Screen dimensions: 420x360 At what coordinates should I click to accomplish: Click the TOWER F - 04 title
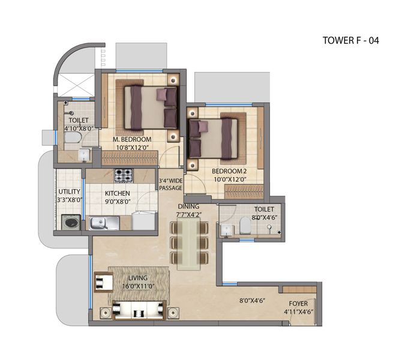pyautogui.click(x=350, y=40)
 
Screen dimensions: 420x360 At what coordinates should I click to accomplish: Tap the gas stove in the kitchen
pyautogui.click(x=124, y=176)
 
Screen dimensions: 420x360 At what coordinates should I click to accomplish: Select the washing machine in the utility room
pyautogui.click(x=71, y=223)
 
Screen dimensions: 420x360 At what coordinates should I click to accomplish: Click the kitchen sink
pyautogui.click(x=104, y=223)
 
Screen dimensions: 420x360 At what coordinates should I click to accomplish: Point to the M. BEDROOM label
pyautogui.click(x=132, y=140)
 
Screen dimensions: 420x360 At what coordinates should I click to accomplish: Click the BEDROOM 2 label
pyautogui.click(x=229, y=171)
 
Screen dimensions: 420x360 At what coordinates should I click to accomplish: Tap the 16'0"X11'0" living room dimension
pyautogui.click(x=138, y=286)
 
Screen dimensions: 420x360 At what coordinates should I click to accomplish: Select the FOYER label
pyautogui.click(x=298, y=304)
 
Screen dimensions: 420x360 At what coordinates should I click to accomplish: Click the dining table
pyautogui.click(x=189, y=244)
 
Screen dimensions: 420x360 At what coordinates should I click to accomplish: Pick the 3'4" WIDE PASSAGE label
pyautogui.click(x=170, y=184)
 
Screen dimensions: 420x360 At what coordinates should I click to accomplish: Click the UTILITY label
pyautogui.click(x=69, y=192)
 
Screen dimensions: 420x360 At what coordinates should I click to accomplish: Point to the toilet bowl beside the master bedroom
pyautogui.click(x=73, y=137)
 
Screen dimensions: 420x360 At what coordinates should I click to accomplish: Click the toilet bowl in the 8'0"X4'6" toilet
pyautogui.click(x=245, y=225)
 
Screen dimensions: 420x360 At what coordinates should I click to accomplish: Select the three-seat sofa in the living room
pyautogui.click(x=139, y=310)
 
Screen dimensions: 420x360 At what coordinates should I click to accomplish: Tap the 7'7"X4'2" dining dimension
pyautogui.click(x=188, y=215)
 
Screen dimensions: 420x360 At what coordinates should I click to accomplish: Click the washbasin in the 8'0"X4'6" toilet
pyautogui.click(x=227, y=230)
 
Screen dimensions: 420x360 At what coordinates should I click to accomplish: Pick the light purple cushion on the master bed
pyautogui.click(x=161, y=95)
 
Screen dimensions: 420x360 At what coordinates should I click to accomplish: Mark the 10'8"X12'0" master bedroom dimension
pyautogui.click(x=133, y=148)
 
